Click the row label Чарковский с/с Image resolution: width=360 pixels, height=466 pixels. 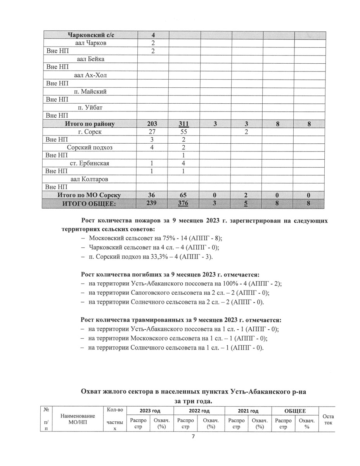point(91,35)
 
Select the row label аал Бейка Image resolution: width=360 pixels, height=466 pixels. point(90,59)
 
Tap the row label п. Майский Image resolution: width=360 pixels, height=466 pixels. point(90,91)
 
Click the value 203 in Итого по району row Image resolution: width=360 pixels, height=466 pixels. point(152,123)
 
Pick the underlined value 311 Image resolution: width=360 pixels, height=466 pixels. point(184,123)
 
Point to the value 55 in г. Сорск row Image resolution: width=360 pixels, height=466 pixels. point(184,132)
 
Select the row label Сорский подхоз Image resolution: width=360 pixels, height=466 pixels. point(90,148)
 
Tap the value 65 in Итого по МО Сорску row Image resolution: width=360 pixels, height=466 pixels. point(184,195)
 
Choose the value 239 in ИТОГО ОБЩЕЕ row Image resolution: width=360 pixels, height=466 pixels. point(152,203)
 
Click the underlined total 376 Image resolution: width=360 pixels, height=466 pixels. point(184,203)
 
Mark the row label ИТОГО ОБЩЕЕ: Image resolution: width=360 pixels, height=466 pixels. point(90,203)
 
